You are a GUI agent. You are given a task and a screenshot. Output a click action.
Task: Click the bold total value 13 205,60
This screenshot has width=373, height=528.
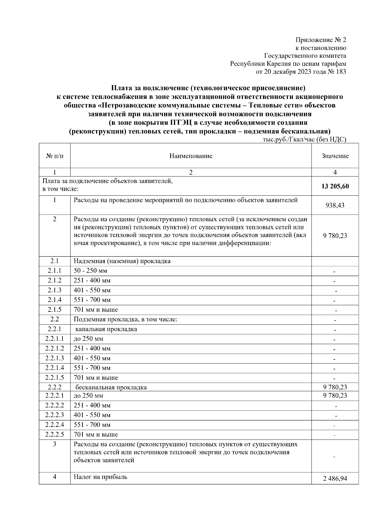tap(335, 186)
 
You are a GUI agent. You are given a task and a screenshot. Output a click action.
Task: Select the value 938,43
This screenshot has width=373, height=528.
tap(335, 205)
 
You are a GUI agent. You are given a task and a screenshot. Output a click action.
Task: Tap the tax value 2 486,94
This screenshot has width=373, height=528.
tap(335, 487)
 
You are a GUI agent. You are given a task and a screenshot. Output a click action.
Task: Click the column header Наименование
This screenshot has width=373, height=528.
tap(191, 156)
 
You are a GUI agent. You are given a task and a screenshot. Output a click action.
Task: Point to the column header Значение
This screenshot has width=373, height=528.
tap(335, 156)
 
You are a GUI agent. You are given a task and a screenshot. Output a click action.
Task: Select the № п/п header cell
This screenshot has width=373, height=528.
tap(55, 156)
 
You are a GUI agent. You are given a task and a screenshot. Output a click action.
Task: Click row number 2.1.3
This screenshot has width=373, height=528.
tap(55, 290)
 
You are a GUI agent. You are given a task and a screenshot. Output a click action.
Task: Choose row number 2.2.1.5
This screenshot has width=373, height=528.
tap(55, 378)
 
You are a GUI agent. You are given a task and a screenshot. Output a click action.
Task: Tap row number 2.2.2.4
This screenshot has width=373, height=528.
tap(55, 425)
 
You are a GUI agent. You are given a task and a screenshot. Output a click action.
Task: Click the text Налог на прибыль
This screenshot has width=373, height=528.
tap(100, 477)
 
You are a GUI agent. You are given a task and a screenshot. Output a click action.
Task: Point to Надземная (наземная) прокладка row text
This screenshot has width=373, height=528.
tap(122, 261)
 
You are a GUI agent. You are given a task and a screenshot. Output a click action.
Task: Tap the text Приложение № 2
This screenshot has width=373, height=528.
tap(320, 40)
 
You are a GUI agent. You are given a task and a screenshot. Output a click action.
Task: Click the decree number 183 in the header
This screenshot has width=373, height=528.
tap(341, 72)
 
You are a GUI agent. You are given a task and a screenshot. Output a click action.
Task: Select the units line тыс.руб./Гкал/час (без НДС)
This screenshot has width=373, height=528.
tap(304, 140)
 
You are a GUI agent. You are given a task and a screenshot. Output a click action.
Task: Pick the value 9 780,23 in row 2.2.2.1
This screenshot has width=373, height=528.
tap(335, 395)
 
